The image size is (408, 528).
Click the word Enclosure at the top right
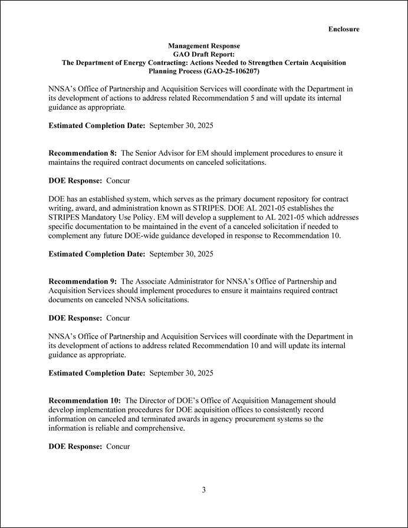(x=344, y=29)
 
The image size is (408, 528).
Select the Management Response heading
(x=203, y=45)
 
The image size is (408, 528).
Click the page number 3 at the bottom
(x=203, y=489)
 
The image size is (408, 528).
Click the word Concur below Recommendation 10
(x=118, y=447)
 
